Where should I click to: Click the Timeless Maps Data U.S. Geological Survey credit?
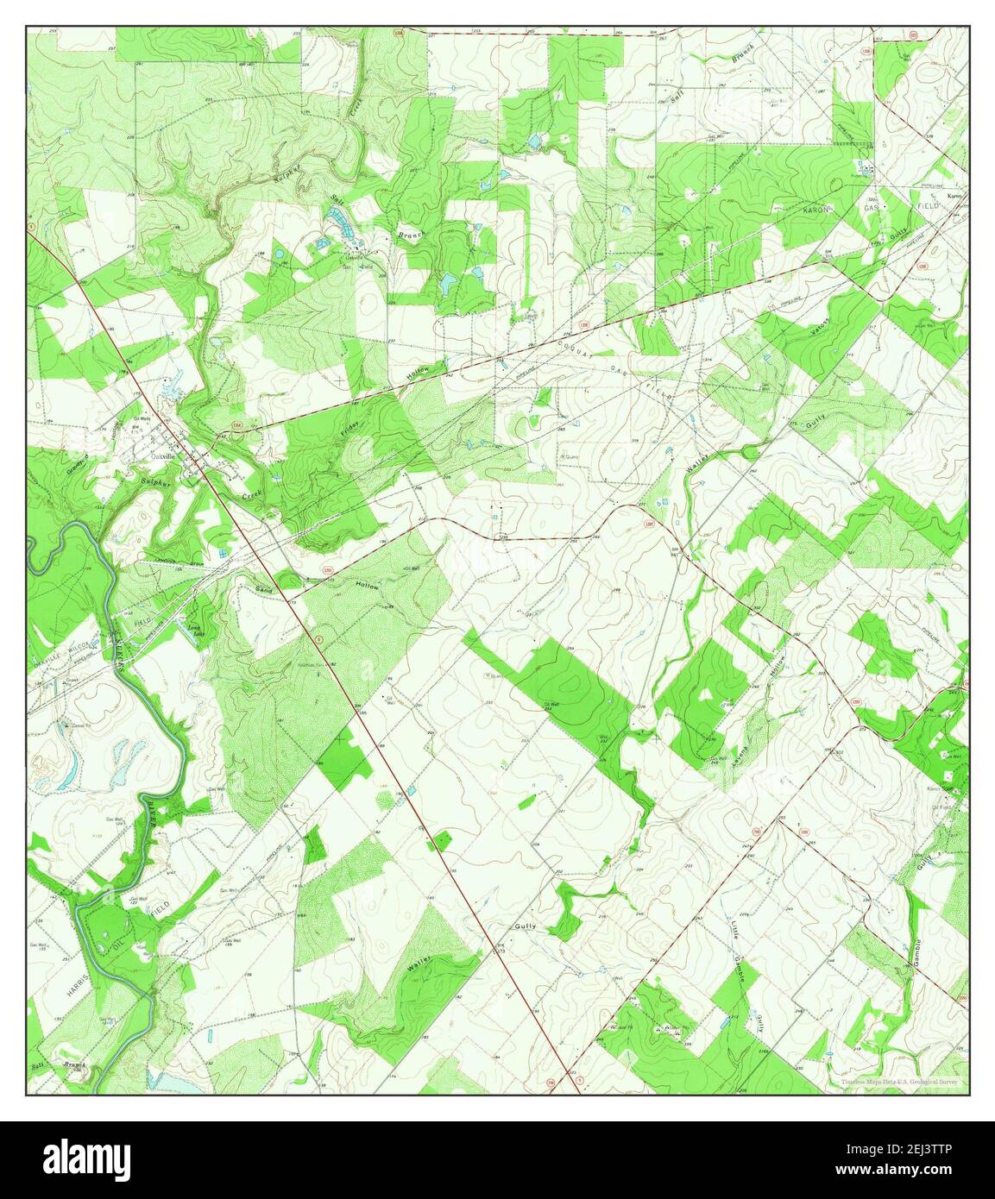click(900, 1082)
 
